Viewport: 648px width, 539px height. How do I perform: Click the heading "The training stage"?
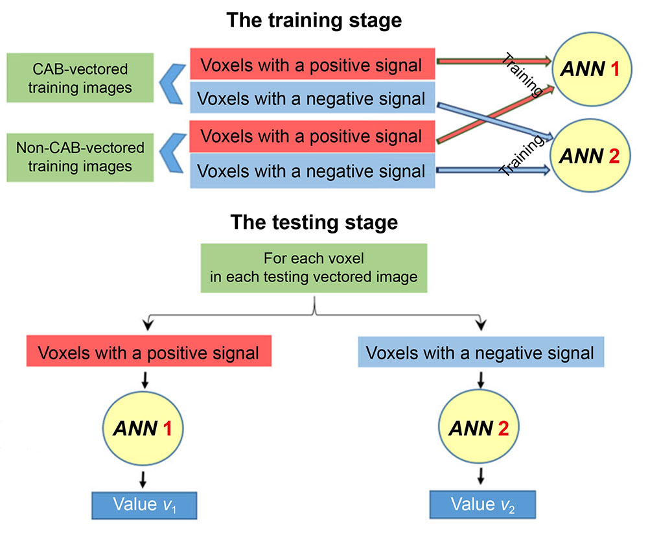tap(314, 20)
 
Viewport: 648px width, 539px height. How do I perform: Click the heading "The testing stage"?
tap(314, 222)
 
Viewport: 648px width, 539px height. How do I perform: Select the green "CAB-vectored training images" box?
tap(80, 77)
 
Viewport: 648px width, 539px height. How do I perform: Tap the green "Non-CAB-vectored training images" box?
tap(80, 156)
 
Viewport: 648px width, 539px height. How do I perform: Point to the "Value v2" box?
tap(480, 505)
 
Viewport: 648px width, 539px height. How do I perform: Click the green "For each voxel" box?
tap(314, 268)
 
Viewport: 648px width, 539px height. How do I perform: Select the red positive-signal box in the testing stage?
tap(148, 353)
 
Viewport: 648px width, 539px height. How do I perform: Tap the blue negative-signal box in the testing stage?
tap(480, 353)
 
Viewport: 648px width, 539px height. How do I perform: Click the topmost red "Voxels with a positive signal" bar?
tap(311, 65)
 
